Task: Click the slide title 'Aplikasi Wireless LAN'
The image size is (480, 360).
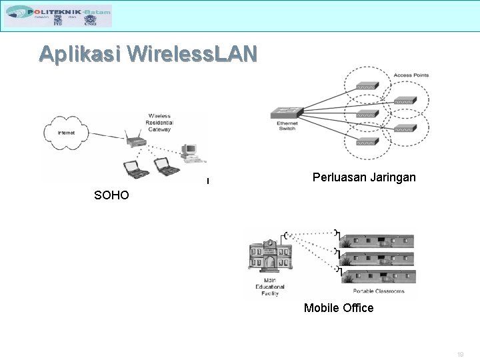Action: coord(147,54)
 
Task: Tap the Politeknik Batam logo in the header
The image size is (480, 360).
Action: coord(58,15)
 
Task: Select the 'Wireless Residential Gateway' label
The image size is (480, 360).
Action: coord(159,123)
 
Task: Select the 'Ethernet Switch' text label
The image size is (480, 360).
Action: coord(287,125)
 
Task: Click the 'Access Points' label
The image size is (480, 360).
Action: coord(411,75)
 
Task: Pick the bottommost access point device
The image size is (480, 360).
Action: coord(366,141)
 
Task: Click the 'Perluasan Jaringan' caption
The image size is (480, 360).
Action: coord(364,177)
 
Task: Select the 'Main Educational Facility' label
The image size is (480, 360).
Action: coord(269,287)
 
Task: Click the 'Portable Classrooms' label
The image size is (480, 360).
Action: coord(378,291)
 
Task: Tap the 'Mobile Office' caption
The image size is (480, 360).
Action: coord(339,308)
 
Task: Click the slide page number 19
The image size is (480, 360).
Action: coord(461,355)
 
